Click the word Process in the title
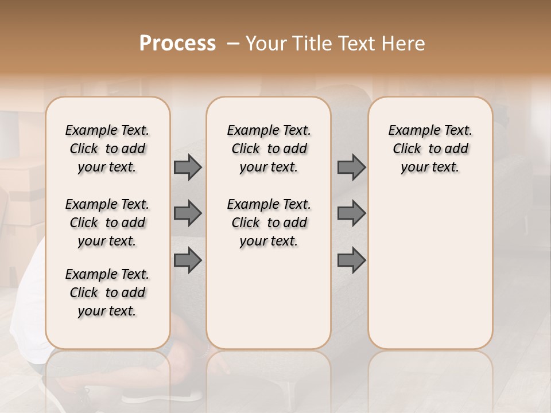coord(177,44)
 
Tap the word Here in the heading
coord(403,44)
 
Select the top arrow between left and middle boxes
coord(188,167)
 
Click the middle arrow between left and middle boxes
coord(188,213)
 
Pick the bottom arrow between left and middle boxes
coord(188,260)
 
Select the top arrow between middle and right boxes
coord(351,167)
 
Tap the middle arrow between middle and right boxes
coord(351,213)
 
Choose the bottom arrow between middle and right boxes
coord(351,260)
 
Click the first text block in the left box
coord(107,149)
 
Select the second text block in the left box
coord(107,223)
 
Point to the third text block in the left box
coord(107,293)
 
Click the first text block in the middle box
coord(269,149)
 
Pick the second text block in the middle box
coord(269,223)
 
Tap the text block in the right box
coord(430,149)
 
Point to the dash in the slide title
coord(233,44)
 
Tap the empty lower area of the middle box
coord(269,298)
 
